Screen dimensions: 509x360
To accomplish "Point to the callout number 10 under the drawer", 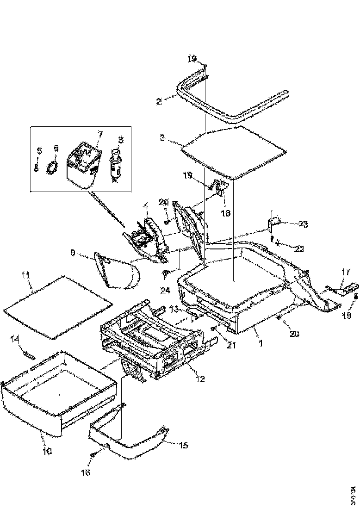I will pos(48,450).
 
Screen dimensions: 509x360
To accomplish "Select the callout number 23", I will pos(303,224).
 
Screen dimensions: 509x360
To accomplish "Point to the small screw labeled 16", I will pos(93,456).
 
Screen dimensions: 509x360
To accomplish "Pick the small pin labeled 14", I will pos(29,354).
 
